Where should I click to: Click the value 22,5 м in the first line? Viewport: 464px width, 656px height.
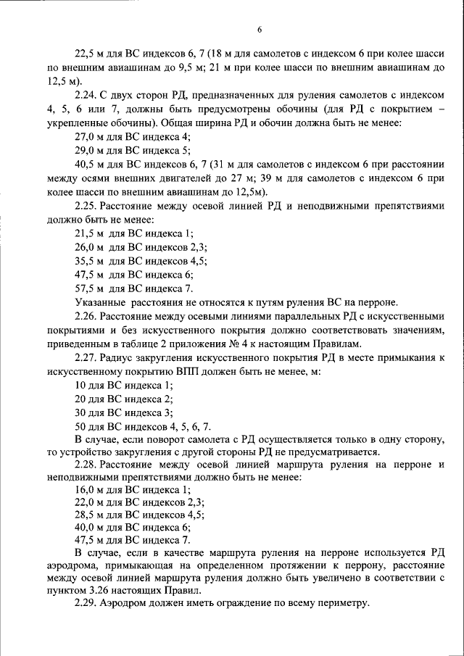(x=90, y=54)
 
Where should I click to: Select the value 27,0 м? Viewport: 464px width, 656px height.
(x=90, y=136)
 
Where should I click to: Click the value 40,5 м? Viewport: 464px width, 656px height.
(x=90, y=165)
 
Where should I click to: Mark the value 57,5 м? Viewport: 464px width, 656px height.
(x=91, y=288)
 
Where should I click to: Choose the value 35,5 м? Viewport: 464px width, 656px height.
(x=91, y=261)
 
